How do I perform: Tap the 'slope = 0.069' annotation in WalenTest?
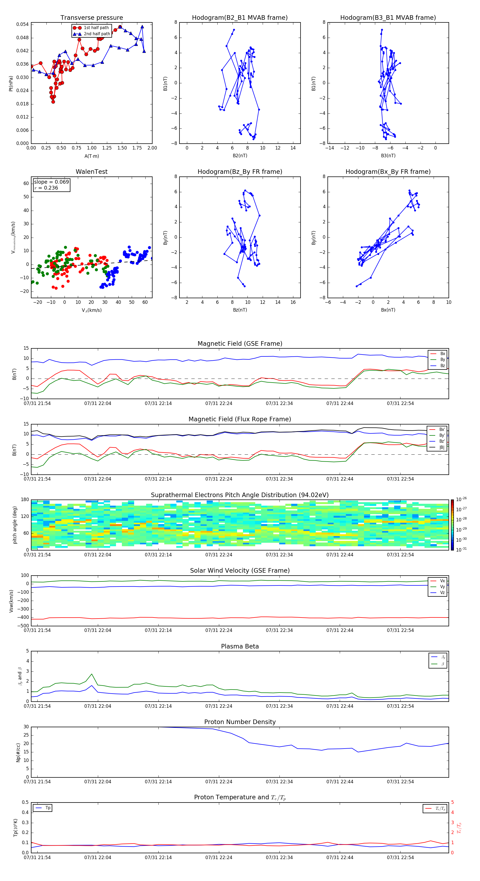51,182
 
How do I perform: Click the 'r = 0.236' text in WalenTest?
46,188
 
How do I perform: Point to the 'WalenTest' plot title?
91,172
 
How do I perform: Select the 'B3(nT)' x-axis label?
388,156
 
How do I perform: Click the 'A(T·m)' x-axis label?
91,156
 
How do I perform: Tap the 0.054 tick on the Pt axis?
23,24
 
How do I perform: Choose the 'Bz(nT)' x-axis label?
240,310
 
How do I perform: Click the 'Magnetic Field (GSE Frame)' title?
240,344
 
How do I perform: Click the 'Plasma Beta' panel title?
240,646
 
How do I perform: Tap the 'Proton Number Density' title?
240,722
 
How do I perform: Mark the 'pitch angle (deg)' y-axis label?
15,525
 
